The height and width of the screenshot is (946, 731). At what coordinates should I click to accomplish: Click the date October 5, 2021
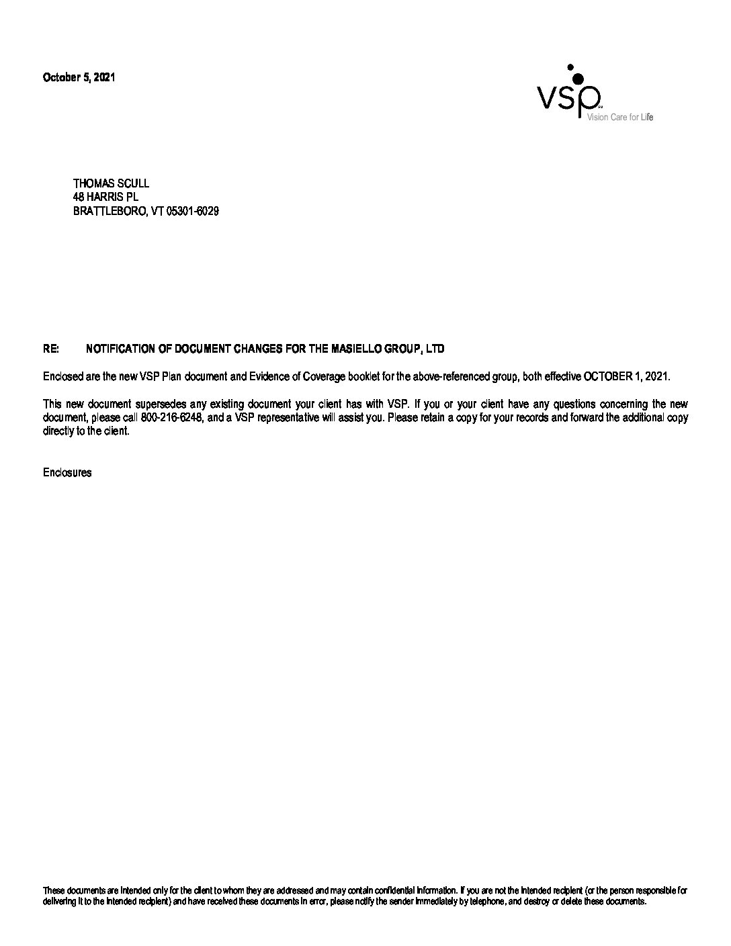[x=79, y=77]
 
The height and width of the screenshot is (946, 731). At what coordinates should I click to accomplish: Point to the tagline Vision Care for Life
[x=619, y=118]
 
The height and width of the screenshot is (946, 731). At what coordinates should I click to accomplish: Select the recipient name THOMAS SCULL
[x=111, y=183]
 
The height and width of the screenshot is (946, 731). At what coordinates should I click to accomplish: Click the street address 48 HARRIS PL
[x=105, y=198]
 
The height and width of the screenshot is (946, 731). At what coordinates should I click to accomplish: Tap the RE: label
[x=51, y=349]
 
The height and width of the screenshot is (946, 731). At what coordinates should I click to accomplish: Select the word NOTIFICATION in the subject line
[x=120, y=349]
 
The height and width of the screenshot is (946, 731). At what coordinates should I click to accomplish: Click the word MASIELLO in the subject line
[x=357, y=349]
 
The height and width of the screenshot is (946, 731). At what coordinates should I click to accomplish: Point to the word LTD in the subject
[x=435, y=349]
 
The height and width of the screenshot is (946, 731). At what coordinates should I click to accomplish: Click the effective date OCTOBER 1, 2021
[x=626, y=377]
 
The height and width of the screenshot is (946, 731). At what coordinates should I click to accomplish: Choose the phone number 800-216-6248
[x=172, y=418]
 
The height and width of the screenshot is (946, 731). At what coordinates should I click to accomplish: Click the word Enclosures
[x=67, y=473]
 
